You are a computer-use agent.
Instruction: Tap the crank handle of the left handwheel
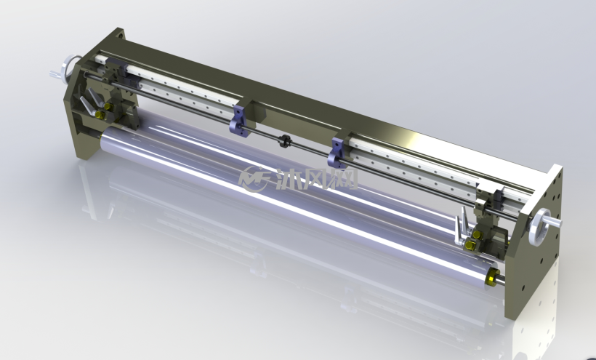click(56, 74)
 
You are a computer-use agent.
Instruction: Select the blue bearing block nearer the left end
click(238, 121)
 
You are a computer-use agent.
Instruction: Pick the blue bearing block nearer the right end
click(337, 152)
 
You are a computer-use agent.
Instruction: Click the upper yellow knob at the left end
click(108, 106)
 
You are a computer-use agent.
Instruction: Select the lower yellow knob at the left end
click(100, 114)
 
